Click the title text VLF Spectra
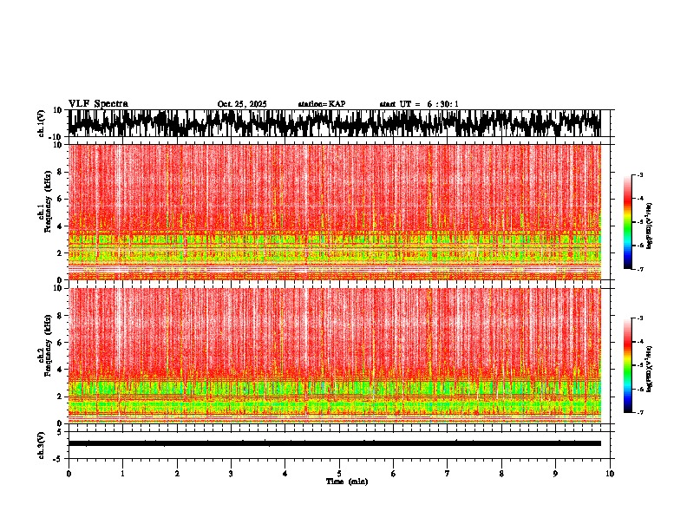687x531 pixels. click(x=98, y=103)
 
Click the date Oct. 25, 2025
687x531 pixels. click(x=242, y=104)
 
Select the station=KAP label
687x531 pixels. click(x=321, y=104)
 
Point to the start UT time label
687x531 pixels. click(x=419, y=104)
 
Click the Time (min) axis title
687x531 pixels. click(x=346, y=481)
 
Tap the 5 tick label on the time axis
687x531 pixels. click(x=339, y=473)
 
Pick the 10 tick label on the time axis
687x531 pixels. click(x=610, y=473)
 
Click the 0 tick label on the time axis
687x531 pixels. click(x=69, y=473)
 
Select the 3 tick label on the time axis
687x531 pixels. click(x=231, y=473)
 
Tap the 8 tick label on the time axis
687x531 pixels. click(x=501, y=473)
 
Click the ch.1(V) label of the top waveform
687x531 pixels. click(x=42, y=123)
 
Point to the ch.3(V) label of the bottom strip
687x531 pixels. click(x=42, y=443)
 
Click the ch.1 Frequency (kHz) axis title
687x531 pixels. click(x=44, y=212)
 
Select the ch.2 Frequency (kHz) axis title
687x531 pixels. click(x=44, y=355)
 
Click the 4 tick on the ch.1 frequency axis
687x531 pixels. click(x=61, y=226)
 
